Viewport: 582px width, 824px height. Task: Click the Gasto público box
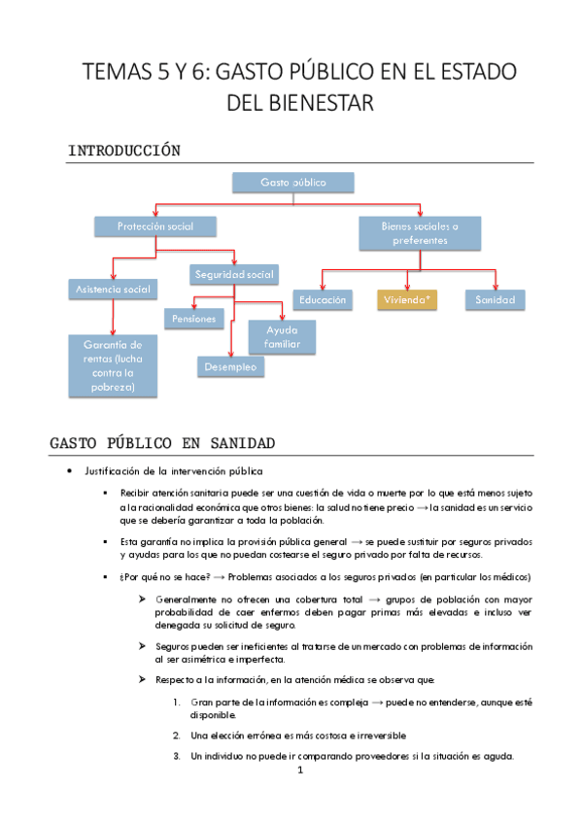click(x=292, y=183)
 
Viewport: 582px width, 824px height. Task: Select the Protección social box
click(x=155, y=226)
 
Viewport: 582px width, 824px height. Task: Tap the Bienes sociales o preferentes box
click(x=421, y=232)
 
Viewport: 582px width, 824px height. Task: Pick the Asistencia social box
click(x=113, y=289)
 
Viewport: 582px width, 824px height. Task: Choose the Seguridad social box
click(x=233, y=275)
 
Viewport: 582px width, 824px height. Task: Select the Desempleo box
click(x=231, y=366)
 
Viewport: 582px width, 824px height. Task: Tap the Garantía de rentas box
click(x=113, y=365)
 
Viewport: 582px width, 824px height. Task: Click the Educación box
click(x=324, y=300)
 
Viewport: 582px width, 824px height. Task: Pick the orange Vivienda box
click(x=408, y=300)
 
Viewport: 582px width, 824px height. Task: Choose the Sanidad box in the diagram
click(x=495, y=300)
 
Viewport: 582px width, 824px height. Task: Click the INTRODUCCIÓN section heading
click(x=125, y=151)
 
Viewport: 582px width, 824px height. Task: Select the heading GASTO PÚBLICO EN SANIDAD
click(x=162, y=443)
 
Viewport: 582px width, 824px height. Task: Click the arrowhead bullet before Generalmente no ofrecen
click(x=142, y=599)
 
